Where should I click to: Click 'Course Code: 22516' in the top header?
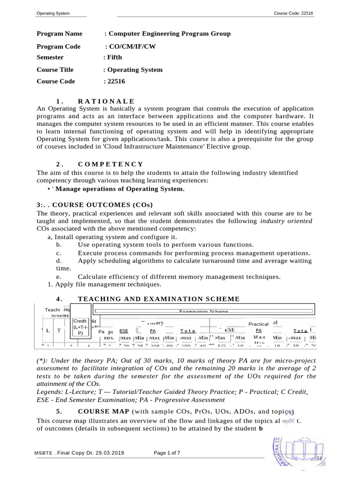293,13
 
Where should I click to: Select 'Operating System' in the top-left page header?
53,13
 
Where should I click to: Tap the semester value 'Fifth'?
113,57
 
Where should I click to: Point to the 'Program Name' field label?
60,34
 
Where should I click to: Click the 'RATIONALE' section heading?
106,101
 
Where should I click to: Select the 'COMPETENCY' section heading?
111,164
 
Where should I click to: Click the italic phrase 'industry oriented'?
286,221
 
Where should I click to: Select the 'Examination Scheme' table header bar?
203,311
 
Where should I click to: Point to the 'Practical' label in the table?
258,324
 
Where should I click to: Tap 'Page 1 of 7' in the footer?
167,453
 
